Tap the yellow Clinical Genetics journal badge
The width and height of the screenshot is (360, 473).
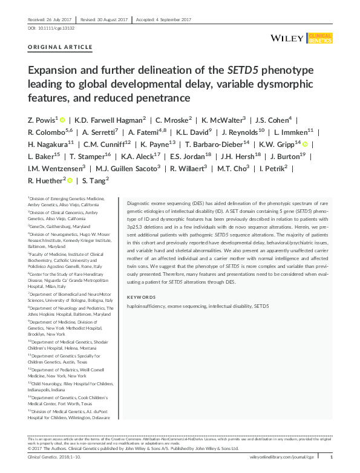[x=319, y=38]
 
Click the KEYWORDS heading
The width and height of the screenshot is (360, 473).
[x=142, y=297]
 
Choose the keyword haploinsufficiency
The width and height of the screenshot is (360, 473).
[x=151, y=307]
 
